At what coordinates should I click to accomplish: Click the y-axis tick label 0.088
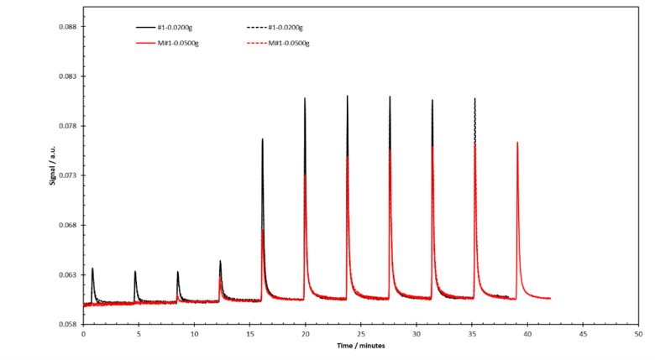(65, 27)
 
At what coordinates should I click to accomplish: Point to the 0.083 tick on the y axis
(65, 76)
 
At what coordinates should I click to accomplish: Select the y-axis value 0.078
(65, 126)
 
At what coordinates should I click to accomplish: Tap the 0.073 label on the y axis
(65, 175)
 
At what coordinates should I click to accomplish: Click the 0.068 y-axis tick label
(65, 225)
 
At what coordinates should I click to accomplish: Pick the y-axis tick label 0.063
(65, 274)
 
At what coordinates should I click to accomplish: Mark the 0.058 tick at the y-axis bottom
(65, 324)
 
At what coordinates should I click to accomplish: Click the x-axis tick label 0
(83, 334)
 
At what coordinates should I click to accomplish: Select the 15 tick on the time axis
(249, 334)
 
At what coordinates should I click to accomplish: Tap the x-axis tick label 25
(360, 334)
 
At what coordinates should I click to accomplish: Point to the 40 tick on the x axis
(527, 334)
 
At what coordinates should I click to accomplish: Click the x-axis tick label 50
(637, 334)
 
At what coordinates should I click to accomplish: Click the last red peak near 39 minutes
(517, 143)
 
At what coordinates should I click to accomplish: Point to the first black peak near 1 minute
(92, 269)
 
